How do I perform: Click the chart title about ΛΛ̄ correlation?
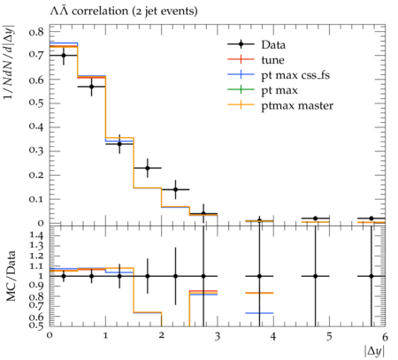tap(124, 11)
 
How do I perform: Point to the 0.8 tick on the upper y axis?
tap(36, 31)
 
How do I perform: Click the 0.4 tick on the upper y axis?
tap(36, 127)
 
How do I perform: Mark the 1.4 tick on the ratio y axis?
tap(36, 235)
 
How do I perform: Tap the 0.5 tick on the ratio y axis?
tap(36, 326)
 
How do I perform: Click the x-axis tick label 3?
tap(218, 336)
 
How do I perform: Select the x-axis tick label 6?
tap(385, 336)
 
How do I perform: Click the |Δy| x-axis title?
tap(374, 351)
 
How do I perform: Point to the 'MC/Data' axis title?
tap(11, 276)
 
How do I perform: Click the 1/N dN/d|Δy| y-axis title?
tap(10, 62)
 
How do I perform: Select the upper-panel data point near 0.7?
tap(64, 55)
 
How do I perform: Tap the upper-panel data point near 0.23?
tap(148, 168)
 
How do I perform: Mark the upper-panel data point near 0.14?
tap(175, 189)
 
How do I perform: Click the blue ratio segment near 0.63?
tap(259, 313)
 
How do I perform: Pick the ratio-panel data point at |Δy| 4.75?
tap(315, 276)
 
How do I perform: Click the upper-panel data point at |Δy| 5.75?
tap(371, 218)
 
